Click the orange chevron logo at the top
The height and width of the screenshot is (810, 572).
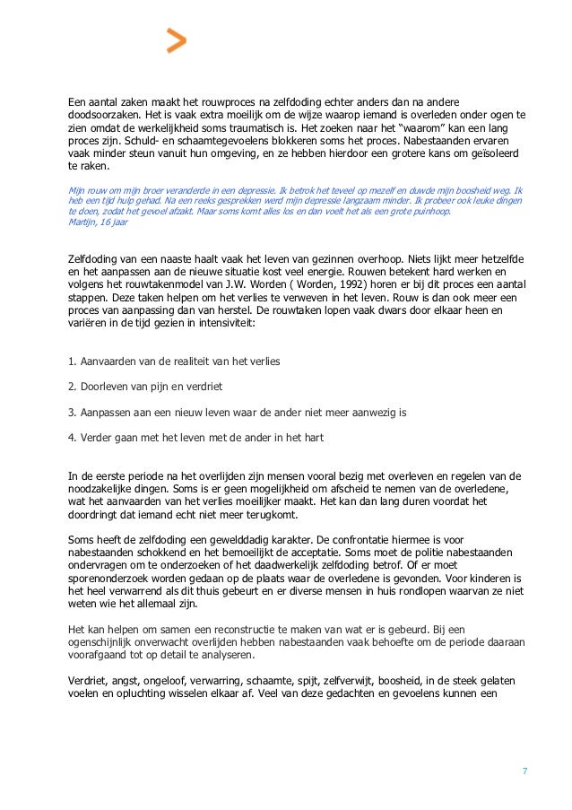click(x=177, y=40)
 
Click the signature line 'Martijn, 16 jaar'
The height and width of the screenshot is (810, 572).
click(x=98, y=222)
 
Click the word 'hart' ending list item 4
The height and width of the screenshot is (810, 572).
click(x=311, y=438)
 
